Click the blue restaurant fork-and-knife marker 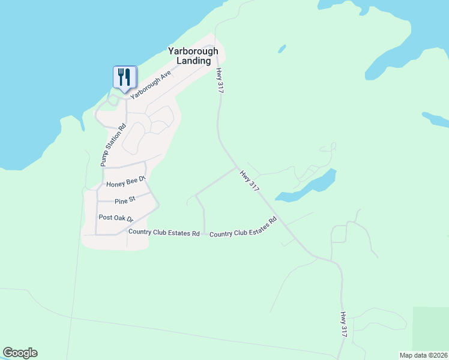point(124,77)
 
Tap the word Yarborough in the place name point(193,52)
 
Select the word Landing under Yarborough point(193,61)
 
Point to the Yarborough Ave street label point(151,84)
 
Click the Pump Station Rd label point(113,145)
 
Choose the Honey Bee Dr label point(125,182)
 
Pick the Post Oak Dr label point(116,218)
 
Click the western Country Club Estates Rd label point(163,232)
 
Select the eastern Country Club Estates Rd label point(243,227)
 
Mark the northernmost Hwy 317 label point(218,79)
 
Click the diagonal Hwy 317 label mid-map point(249,181)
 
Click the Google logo point(20,353)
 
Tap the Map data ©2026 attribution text point(423,355)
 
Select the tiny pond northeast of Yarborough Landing point(281,48)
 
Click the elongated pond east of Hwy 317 point(306,187)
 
